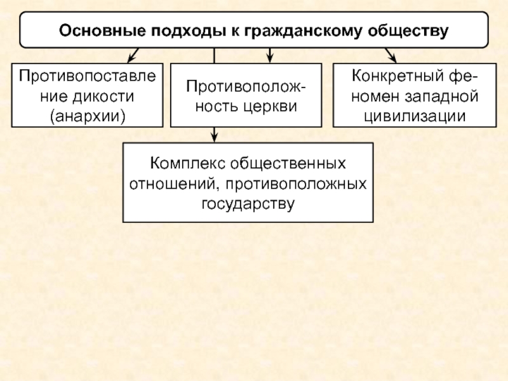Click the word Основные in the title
[101, 30]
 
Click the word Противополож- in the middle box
[244, 85]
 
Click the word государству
[248, 204]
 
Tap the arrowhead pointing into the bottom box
[215, 136]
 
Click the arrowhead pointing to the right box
[392, 57]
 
